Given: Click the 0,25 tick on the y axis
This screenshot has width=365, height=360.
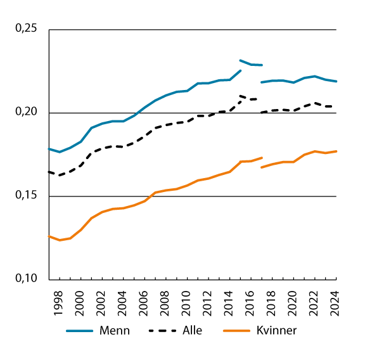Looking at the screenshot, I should (25, 29).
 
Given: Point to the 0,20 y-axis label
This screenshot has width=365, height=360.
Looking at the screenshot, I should (25, 112).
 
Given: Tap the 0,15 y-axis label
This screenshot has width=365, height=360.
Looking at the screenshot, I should (25, 196).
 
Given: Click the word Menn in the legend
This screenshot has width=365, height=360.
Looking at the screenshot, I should (115, 330).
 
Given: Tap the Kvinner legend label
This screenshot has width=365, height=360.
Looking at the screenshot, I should (276, 330).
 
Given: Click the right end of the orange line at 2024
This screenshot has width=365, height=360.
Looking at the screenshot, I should (336, 151).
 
